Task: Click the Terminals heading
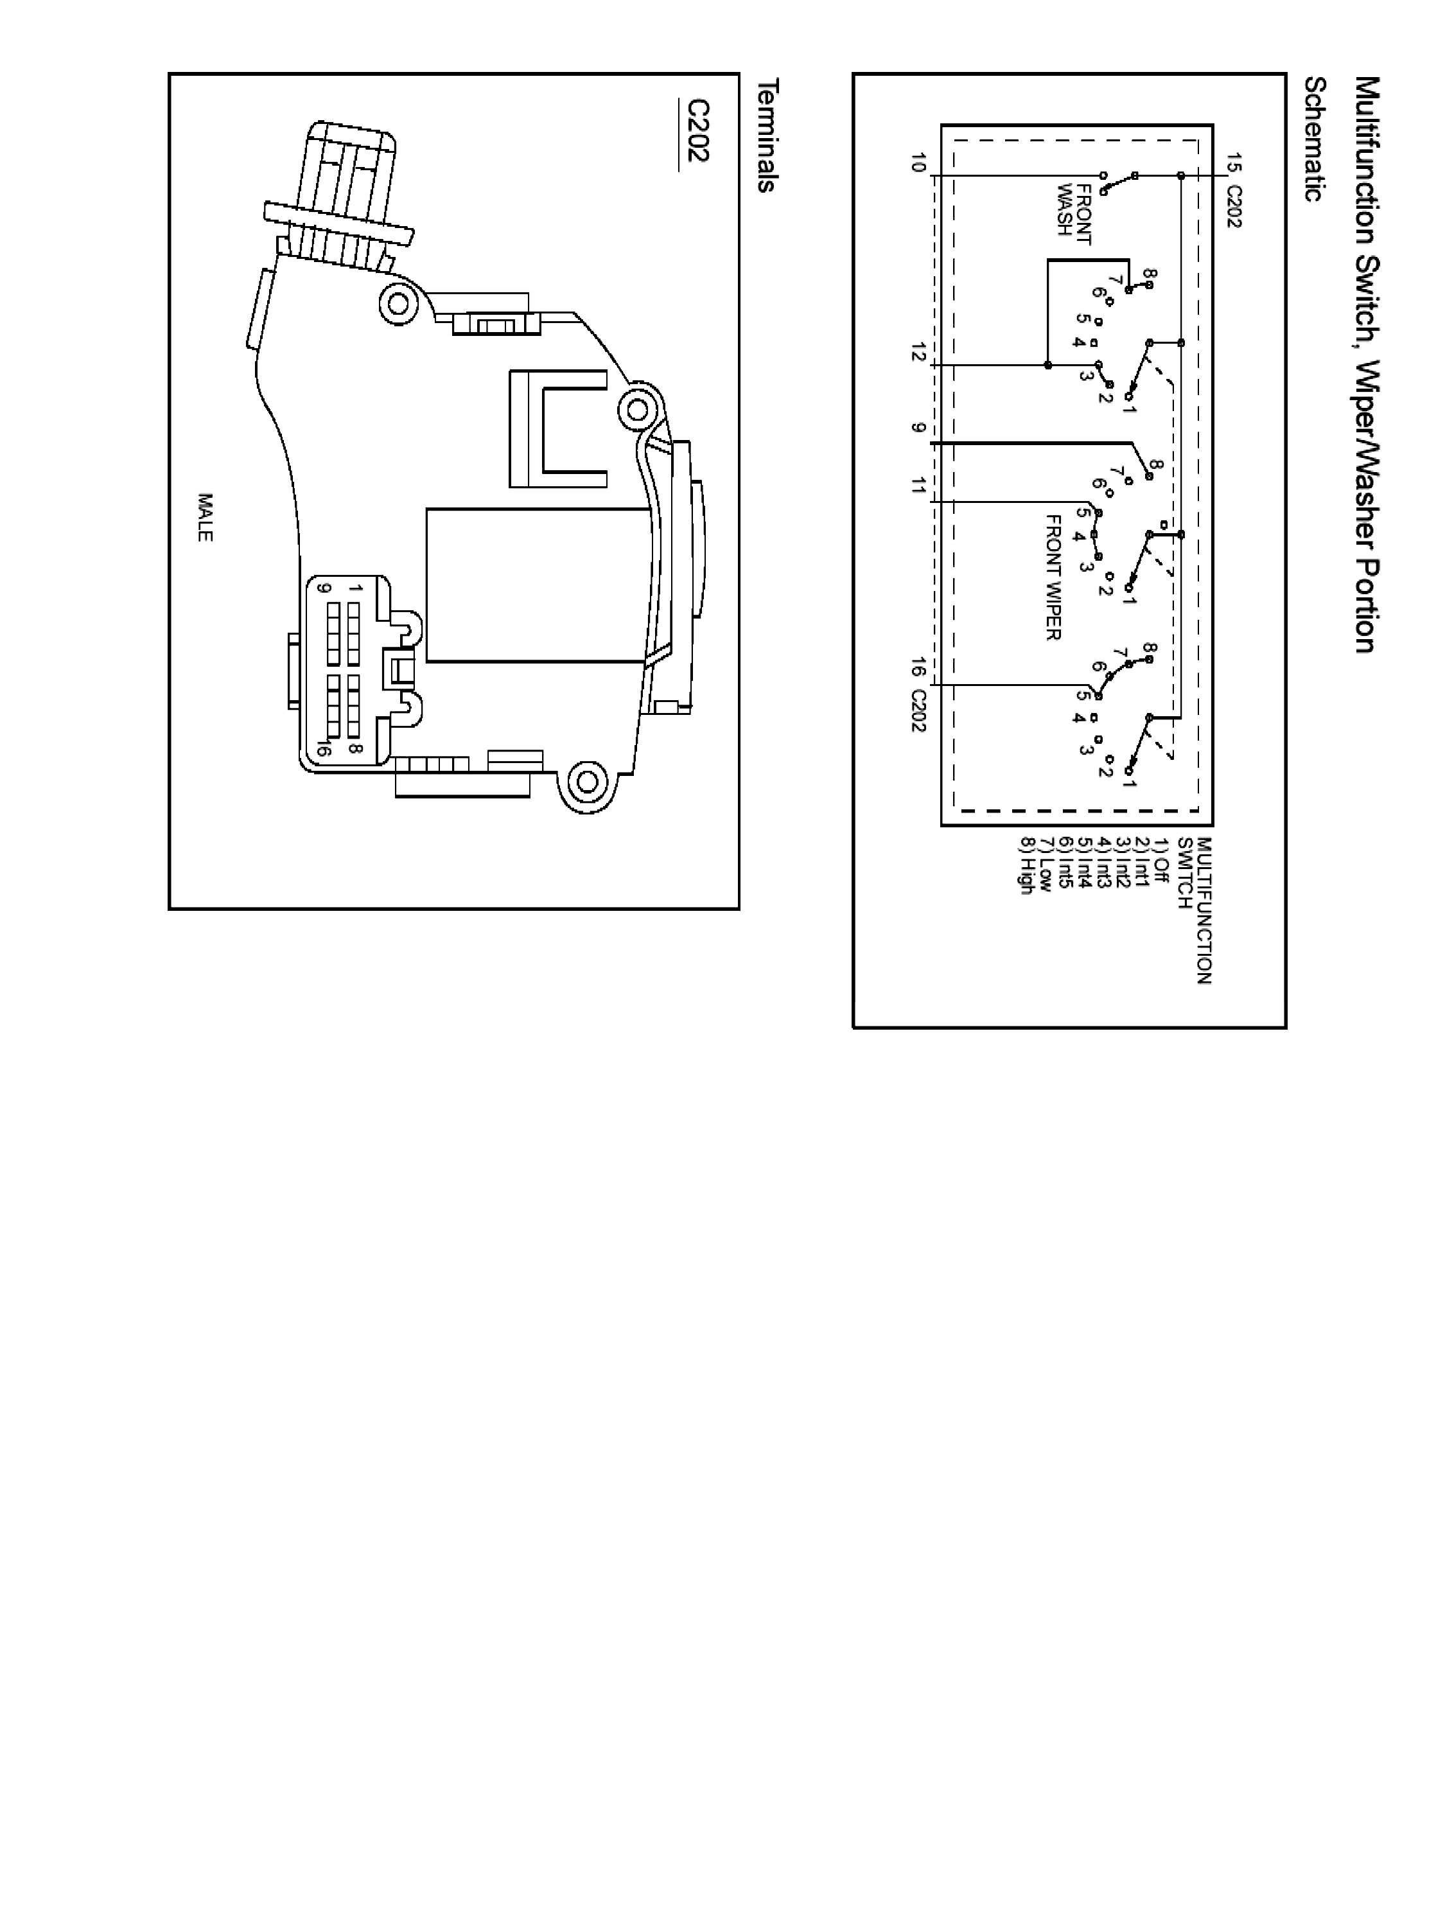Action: pyautogui.click(x=768, y=135)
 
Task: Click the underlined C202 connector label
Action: pyautogui.click(x=697, y=130)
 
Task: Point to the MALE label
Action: pyautogui.click(x=205, y=518)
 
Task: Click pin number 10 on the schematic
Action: pyautogui.click(x=917, y=163)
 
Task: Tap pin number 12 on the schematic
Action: pyautogui.click(x=917, y=352)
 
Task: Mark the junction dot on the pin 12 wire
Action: pyautogui.click(x=1048, y=365)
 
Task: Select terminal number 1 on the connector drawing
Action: pyautogui.click(x=355, y=589)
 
